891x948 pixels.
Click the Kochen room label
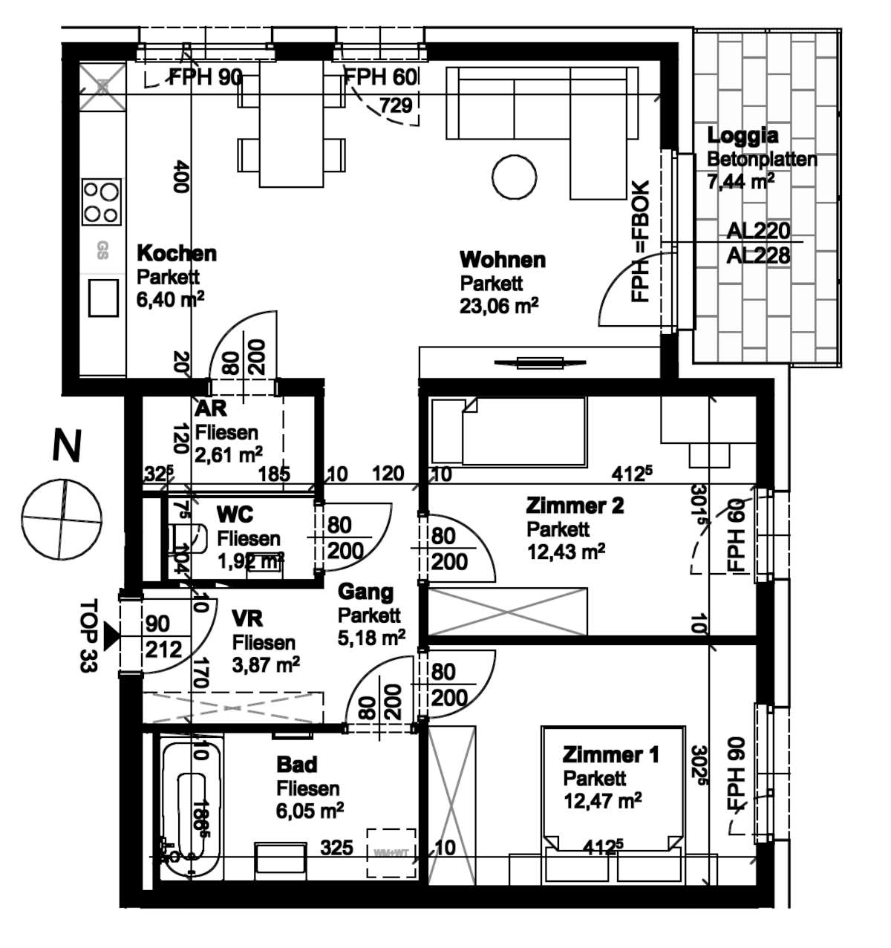click(177, 253)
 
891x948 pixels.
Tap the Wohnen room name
click(502, 260)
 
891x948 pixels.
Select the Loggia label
click(742, 136)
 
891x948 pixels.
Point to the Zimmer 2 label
click(575, 506)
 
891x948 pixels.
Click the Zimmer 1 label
click(610, 755)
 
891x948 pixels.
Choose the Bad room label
click(296, 764)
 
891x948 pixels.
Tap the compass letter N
click(66, 447)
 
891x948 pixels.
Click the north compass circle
click(61, 517)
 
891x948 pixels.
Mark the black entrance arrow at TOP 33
click(111, 636)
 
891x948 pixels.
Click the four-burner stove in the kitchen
click(102, 202)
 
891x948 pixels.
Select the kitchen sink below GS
click(103, 298)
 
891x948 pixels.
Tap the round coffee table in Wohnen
click(514, 177)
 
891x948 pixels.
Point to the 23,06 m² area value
click(499, 306)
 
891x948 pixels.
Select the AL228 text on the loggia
click(758, 255)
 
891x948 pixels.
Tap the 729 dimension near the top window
click(396, 105)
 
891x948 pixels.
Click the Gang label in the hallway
click(365, 592)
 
